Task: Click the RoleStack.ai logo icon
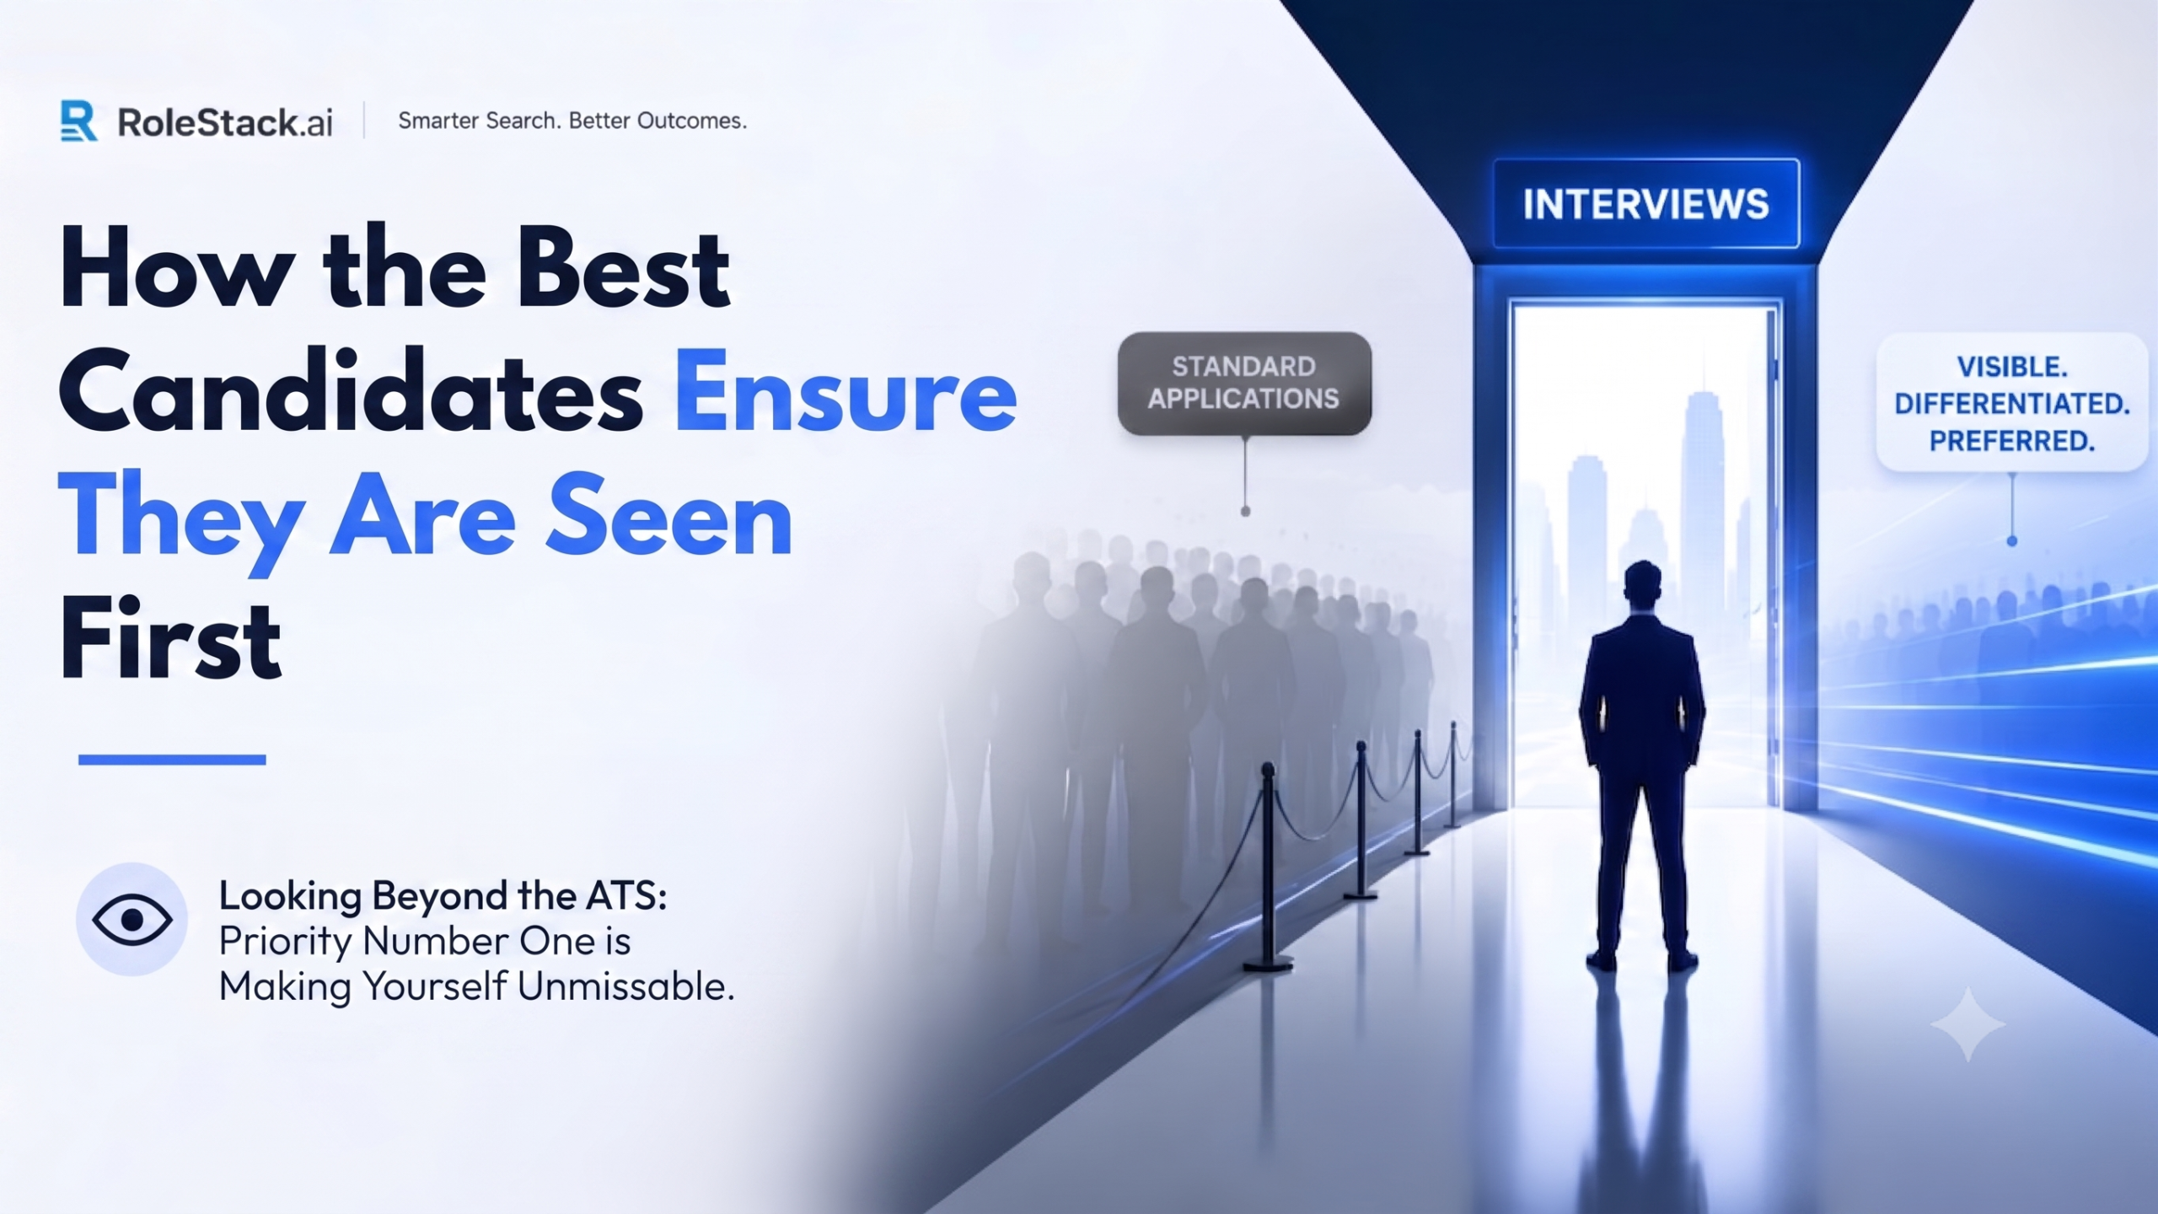(x=78, y=121)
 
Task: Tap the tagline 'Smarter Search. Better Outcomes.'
(x=572, y=121)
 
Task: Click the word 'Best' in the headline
(x=623, y=269)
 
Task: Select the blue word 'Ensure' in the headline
(x=845, y=393)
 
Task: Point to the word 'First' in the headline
(x=170, y=638)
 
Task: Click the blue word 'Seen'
(x=670, y=516)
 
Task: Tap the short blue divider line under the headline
(x=172, y=760)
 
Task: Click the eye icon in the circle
(x=132, y=919)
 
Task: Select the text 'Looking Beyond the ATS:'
(x=443, y=896)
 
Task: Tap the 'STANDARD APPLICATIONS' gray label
(x=1244, y=383)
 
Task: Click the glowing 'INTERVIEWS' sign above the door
(x=1645, y=204)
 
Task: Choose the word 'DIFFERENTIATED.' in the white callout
(x=2012, y=404)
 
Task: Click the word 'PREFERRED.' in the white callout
(x=2012, y=441)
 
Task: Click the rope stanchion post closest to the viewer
(x=1268, y=868)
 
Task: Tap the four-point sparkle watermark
(x=1968, y=1024)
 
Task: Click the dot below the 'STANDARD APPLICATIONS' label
(x=1245, y=511)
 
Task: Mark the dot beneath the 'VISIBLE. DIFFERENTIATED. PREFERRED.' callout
(x=2012, y=541)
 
